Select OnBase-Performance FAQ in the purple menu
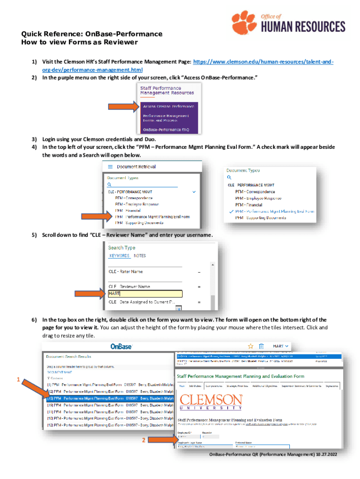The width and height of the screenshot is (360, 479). coord(166,129)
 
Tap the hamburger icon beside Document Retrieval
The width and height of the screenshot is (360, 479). coord(110,167)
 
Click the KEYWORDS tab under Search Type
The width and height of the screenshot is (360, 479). coord(119,256)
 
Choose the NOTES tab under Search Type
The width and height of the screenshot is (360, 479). coord(140,256)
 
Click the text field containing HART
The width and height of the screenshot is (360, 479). coord(145,294)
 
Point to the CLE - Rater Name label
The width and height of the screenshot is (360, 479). coord(126,272)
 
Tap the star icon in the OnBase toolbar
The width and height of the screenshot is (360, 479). coord(250,346)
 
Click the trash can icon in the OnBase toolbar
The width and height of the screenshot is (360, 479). coord(262,346)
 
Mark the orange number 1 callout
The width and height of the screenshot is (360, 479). coord(18,380)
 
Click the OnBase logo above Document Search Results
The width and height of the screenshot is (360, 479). coord(121,347)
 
